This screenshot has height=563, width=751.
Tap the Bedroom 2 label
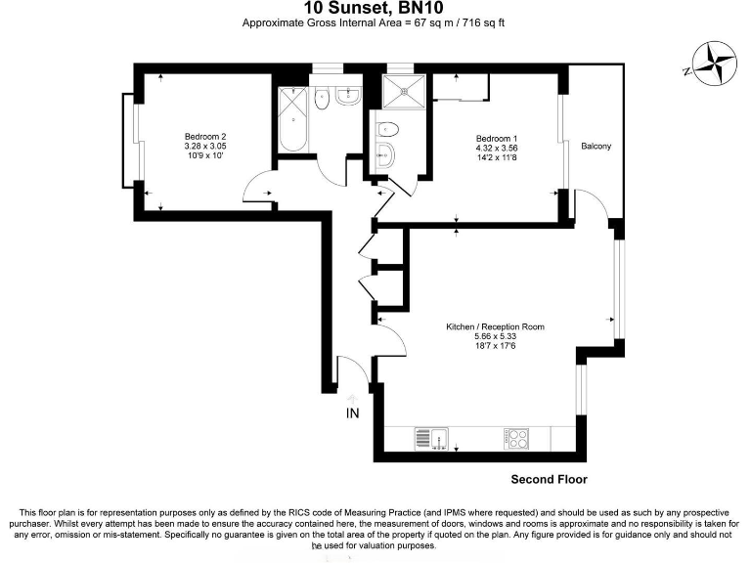pos(205,136)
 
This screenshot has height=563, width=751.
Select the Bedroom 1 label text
pos(497,137)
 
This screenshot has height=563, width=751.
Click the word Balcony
pos(596,147)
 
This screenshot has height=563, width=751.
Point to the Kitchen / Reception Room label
pos(495,326)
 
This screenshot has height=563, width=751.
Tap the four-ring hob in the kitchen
pos(517,439)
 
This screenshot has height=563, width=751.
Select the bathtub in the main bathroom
pos(292,121)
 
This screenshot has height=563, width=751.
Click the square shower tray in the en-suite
pos(402,93)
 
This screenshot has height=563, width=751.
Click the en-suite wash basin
pos(384,153)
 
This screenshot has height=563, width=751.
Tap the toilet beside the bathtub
pos(322,97)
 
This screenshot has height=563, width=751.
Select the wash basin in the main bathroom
pos(346,95)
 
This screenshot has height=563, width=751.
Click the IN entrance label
pos(353,413)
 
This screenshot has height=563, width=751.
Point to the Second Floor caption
pos(549,480)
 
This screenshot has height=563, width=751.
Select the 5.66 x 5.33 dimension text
pos(495,336)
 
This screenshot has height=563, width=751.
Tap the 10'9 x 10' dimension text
pos(205,155)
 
